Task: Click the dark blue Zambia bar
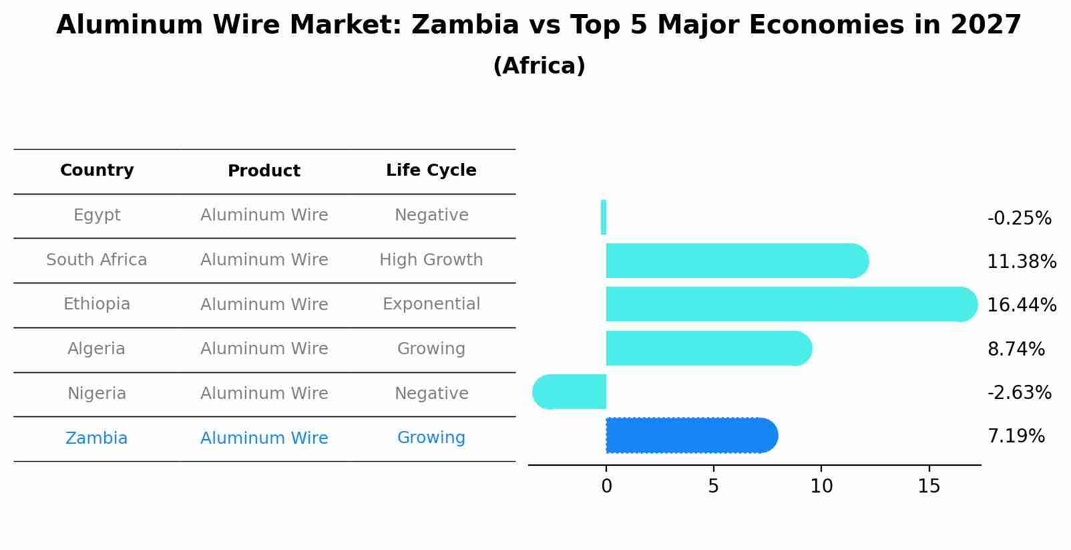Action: click(691, 436)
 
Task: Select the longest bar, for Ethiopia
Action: click(791, 305)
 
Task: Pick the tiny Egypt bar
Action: click(604, 218)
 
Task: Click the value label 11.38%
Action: click(1021, 262)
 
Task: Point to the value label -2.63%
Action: click(1019, 393)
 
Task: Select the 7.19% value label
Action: click(1016, 436)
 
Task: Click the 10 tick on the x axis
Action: click(821, 487)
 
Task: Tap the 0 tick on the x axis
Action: click(606, 487)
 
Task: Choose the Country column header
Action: click(97, 170)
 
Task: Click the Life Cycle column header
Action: click(431, 170)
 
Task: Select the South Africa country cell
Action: click(97, 260)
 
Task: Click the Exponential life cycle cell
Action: click(431, 305)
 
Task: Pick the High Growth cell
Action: click(431, 260)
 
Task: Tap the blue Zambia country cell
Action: click(97, 438)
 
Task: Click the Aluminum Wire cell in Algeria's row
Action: click(264, 349)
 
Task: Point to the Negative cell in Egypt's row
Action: click(431, 215)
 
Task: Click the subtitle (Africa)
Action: click(539, 66)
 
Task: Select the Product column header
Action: click(264, 171)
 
